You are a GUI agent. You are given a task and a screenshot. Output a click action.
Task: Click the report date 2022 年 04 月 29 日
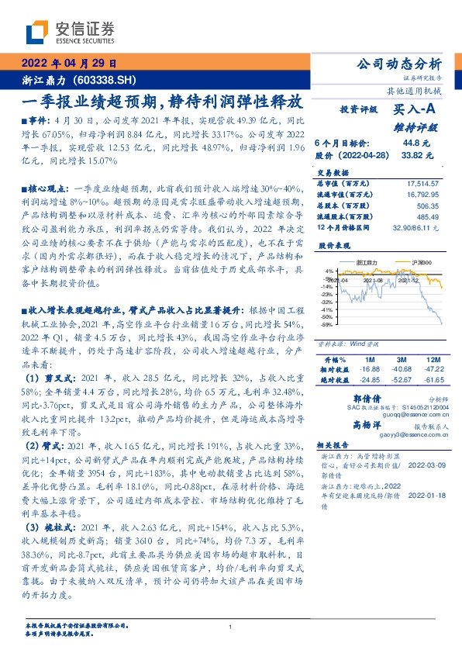pyautogui.click(x=69, y=64)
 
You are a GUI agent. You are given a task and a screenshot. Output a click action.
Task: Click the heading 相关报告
pyautogui.click(x=334, y=446)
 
